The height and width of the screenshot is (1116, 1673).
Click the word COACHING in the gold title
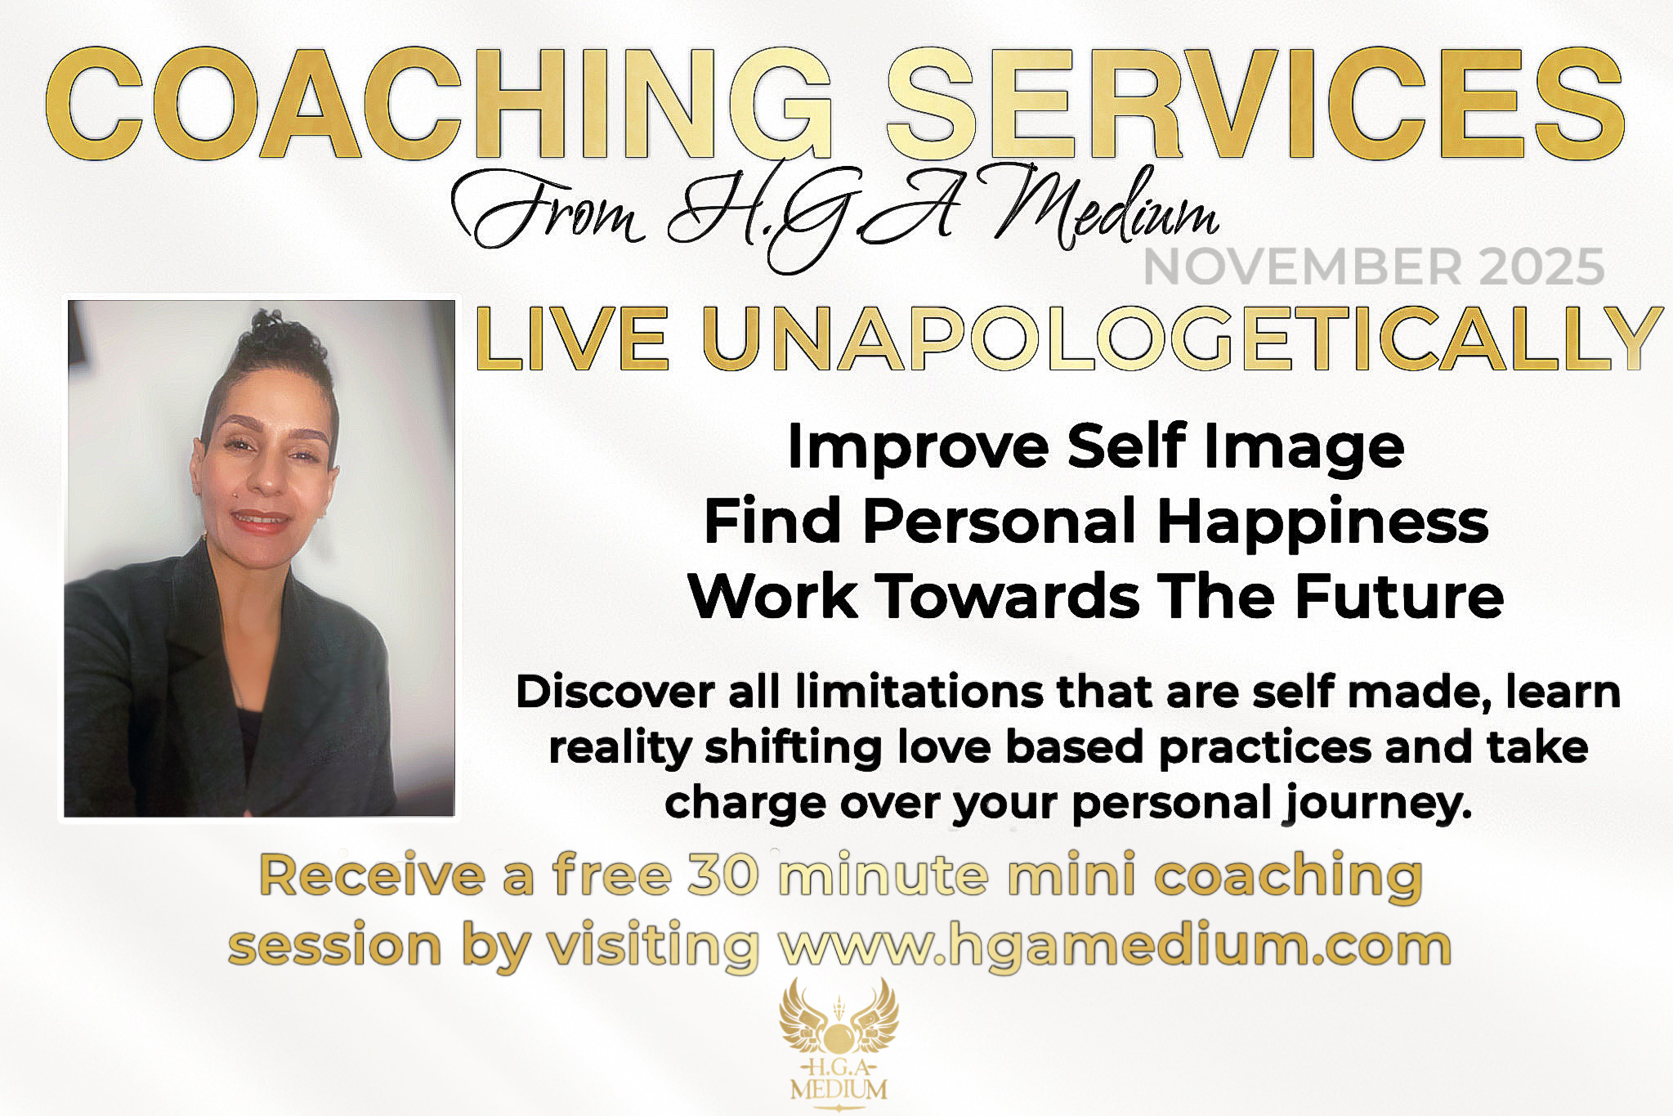[x=439, y=104]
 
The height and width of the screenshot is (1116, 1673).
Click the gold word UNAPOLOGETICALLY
[x=1183, y=338]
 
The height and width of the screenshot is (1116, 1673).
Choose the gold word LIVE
[x=572, y=338]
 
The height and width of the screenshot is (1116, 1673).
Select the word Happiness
[x=1323, y=522]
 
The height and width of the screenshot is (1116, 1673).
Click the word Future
[x=1399, y=596]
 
